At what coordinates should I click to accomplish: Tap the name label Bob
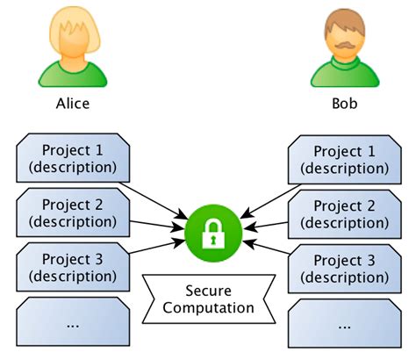tap(344, 103)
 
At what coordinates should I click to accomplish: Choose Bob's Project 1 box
tap(342, 158)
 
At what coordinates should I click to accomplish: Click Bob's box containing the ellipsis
tap(342, 323)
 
